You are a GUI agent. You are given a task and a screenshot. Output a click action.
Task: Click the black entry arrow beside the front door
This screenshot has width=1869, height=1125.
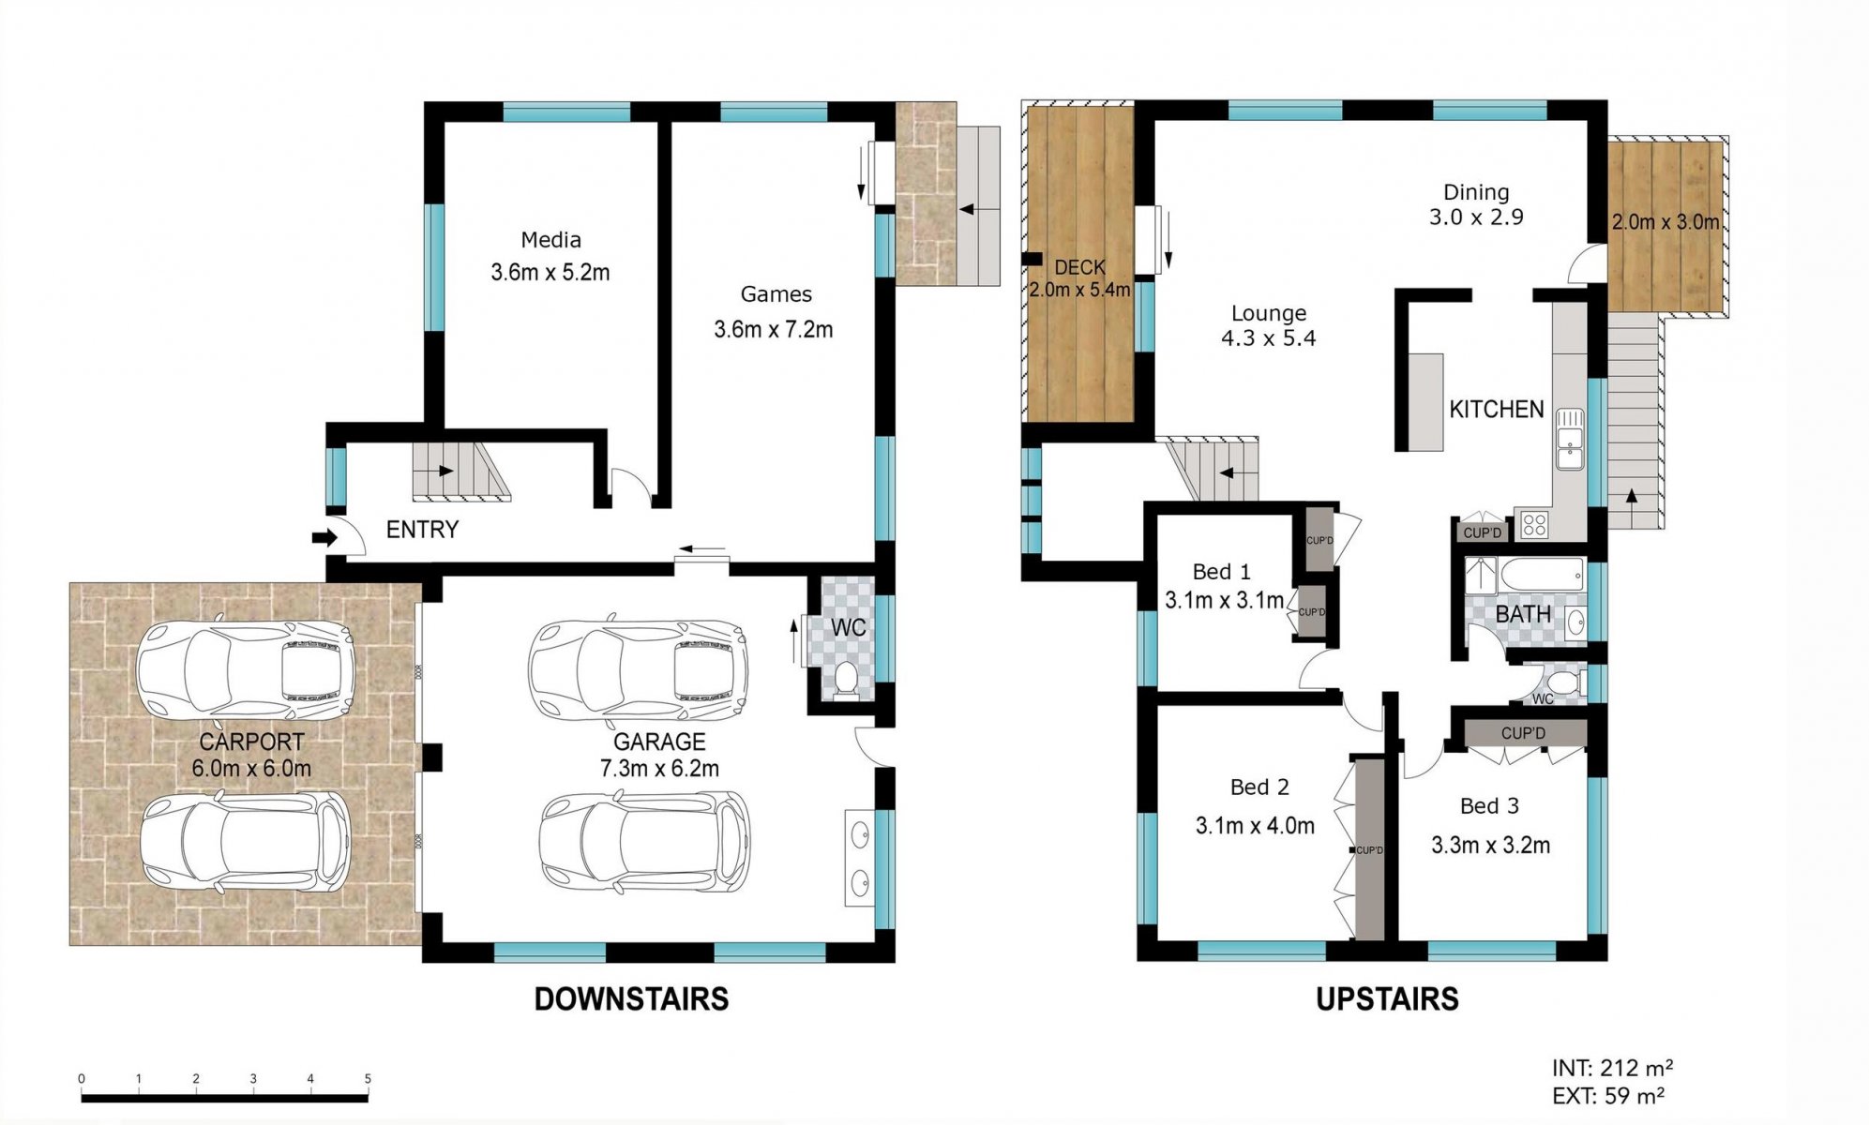click(324, 538)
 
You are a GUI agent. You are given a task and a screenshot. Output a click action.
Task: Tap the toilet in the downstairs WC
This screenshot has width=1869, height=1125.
click(846, 681)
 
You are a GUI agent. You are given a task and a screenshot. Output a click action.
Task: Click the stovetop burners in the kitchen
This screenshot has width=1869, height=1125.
click(1534, 524)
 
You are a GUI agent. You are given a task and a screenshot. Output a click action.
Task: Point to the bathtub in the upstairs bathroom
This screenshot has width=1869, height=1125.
click(1542, 575)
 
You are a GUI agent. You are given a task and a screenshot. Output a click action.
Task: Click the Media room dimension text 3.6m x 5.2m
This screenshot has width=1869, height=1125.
click(550, 273)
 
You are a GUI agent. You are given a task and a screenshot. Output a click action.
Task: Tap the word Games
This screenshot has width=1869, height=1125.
click(776, 294)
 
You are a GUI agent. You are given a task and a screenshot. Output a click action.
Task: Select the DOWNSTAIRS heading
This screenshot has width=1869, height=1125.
click(631, 999)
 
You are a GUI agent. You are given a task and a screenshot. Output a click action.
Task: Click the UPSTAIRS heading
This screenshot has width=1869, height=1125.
click(1387, 999)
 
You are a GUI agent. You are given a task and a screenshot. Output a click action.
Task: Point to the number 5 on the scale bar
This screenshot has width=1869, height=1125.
click(368, 1079)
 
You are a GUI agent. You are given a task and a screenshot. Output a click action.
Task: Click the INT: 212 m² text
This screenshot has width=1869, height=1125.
click(1612, 1068)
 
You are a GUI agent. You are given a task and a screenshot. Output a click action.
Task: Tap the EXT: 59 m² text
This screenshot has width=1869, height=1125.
click(1607, 1095)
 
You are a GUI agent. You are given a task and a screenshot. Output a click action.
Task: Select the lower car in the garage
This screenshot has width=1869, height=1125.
click(644, 842)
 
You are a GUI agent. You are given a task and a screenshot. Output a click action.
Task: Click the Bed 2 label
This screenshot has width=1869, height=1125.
click(1259, 787)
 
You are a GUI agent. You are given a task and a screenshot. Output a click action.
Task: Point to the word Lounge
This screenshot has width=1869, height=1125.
click(1269, 313)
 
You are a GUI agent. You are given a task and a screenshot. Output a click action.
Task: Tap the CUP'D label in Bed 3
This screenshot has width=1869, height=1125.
click(1523, 733)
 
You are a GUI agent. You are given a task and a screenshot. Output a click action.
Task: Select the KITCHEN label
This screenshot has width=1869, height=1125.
click(1497, 410)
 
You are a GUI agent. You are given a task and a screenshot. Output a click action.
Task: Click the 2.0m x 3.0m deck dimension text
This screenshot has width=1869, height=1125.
click(1666, 222)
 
